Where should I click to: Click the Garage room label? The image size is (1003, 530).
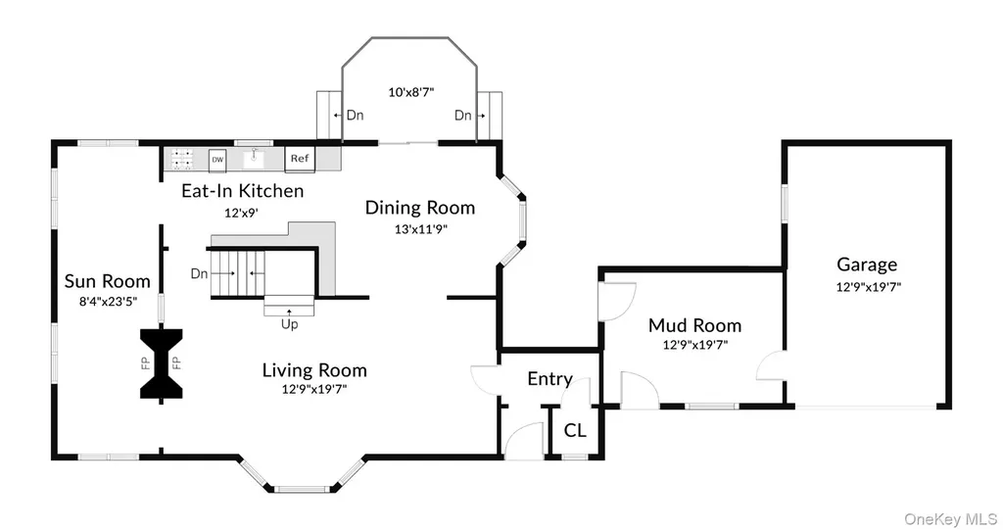tap(867, 265)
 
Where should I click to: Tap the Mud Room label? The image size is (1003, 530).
tap(694, 325)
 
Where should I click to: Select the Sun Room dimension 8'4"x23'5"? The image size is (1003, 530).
tap(108, 301)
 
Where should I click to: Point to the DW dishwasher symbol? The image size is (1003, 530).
tap(217, 160)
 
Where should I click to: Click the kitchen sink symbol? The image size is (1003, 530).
tap(254, 158)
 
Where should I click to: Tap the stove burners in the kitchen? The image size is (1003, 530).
tap(182, 159)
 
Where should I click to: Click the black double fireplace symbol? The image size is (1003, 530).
tap(162, 363)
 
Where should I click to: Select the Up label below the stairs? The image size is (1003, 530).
tap(289, 324)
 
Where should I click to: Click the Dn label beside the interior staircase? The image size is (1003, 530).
tap(199, 273)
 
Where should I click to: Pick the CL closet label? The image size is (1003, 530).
tap(574, 430)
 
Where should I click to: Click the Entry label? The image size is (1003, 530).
tap(549, 379)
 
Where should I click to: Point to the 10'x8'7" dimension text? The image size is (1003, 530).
tap(410, 92)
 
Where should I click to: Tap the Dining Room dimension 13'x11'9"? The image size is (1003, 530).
tap(420, 229)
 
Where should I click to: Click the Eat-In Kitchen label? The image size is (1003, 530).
tap(243, 191)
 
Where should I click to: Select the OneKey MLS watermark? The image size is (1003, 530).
tap(950, 519)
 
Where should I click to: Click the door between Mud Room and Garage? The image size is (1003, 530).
tap(772, 366)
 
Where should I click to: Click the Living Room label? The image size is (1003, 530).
tap(314, 370)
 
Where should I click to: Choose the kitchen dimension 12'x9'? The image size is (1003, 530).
tap(241, 213)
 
